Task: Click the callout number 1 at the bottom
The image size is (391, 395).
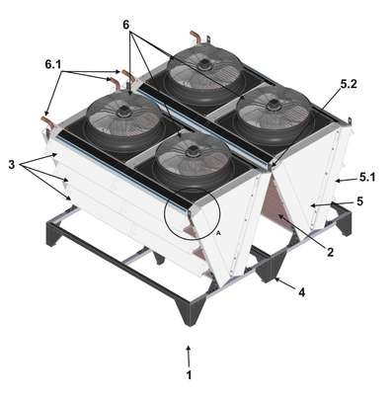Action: (189, 375)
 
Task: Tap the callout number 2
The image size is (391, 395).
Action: (330, 252)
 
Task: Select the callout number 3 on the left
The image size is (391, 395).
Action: (12, 164)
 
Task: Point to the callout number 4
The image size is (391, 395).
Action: (301, 292)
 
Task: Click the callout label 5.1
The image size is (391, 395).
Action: (367, 178)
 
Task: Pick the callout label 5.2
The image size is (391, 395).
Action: (349, 84)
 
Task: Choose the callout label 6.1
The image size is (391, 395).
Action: (53, 65)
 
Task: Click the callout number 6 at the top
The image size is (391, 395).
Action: (127, 26)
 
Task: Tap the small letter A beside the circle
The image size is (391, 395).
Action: (218, 233)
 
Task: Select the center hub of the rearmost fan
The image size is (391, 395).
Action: (204, 62)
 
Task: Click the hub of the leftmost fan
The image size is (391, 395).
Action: (124, 112)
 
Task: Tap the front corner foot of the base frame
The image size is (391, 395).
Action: (190, 312)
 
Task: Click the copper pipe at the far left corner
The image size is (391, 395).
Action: (47, 120)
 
